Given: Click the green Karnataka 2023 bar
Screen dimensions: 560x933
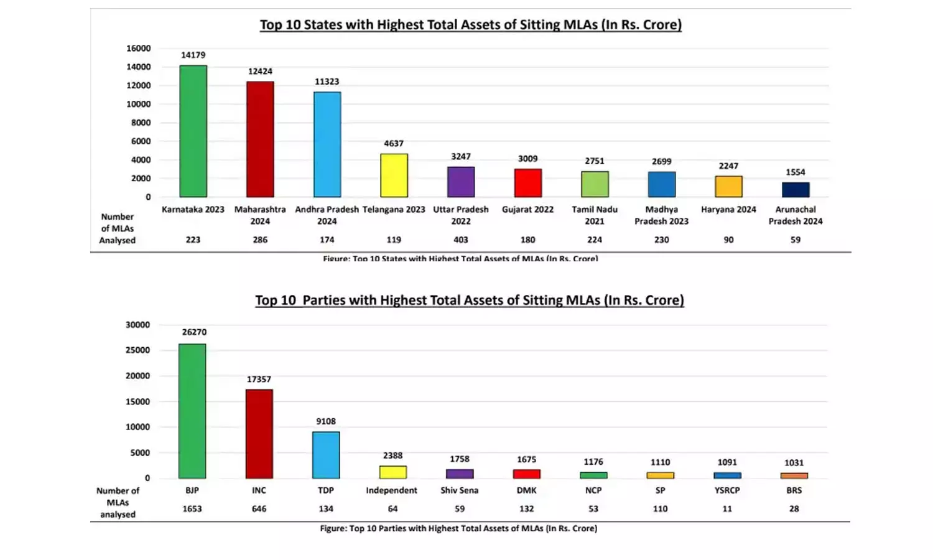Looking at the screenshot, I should [193, 131].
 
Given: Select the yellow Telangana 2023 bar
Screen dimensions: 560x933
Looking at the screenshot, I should [394, 175].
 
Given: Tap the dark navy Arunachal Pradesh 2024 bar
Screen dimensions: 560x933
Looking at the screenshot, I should [796, 190].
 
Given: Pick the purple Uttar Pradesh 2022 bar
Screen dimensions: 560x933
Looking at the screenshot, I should [461, 182].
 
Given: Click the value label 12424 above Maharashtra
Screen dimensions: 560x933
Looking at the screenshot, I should [260, 72].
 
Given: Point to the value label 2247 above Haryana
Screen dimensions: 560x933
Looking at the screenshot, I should [728, 166].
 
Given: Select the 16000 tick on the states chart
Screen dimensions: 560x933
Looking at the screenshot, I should [139, 49].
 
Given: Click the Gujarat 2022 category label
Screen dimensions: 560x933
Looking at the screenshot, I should [527, 210].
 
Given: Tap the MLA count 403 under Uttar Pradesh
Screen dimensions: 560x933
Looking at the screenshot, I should [461, 240].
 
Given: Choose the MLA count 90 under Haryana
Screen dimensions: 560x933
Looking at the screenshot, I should [728, 240].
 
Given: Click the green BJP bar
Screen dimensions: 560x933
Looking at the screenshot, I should [192, 411].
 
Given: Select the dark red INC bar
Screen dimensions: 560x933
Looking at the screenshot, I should [259, 434].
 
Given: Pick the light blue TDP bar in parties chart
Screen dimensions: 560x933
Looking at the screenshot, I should [326, 455].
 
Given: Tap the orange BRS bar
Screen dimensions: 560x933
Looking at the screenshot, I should [794, 475].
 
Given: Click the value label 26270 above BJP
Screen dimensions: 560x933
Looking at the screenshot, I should [194, 332].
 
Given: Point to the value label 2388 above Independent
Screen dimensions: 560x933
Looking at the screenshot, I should [392, 455].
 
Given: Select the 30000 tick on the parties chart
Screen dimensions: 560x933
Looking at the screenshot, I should [137, 325].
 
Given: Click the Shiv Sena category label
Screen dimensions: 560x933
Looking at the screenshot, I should [460, 490].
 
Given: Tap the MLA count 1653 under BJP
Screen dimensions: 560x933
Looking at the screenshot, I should [192, 509].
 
